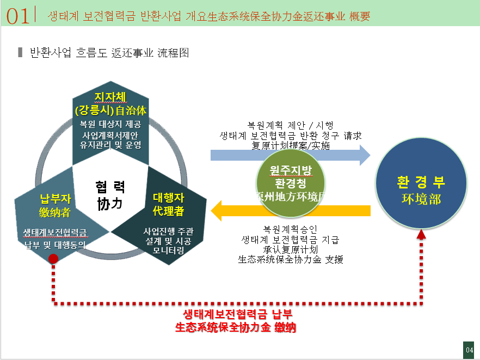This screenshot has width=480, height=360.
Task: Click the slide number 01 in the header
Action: click(x=18, y=16)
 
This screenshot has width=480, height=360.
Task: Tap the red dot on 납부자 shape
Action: click(x=53, y=259)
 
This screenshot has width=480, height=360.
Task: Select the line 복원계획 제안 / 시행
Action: click(x=290, y=124)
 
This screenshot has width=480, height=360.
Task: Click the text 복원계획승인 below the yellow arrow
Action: click(x=290, y=228)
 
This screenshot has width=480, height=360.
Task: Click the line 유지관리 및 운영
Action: click(x=110, y=145)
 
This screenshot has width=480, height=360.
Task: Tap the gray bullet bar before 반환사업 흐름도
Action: click(x=20, y=53)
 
